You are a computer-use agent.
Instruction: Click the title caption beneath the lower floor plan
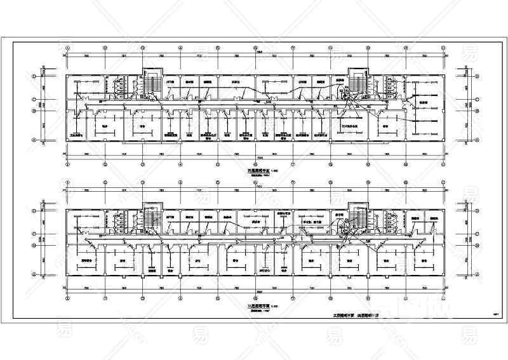pyautogui.click(x=258, y=306)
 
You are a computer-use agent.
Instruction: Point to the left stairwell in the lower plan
pyautogui.click(x=151, y=220)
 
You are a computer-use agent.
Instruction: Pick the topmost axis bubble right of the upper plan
pyautogui.click(x=478, y=75)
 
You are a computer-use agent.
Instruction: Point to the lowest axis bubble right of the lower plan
pyautogui.click(x=478, y=274)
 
